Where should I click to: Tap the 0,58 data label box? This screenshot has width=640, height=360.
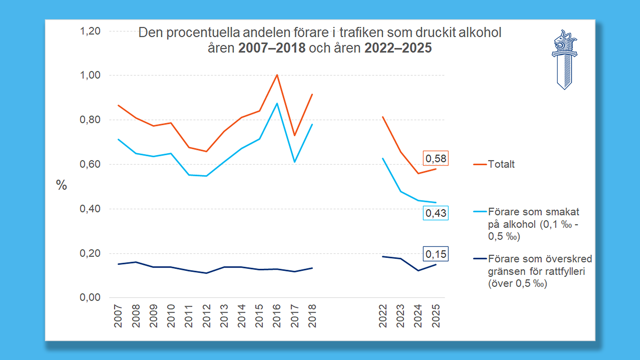436,158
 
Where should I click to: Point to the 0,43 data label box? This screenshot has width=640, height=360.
436,213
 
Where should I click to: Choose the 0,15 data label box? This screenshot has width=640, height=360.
436,254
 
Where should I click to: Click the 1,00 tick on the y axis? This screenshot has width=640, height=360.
90,75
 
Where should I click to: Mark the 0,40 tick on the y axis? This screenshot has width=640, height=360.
90,209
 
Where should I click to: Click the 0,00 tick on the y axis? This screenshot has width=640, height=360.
90,298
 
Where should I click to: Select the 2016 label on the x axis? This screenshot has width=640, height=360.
277,316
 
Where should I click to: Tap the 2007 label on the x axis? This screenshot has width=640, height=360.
118,316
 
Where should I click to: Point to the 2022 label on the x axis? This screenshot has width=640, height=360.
383,316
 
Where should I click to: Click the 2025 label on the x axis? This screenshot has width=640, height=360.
436,316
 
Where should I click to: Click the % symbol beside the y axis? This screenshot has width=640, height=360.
61,185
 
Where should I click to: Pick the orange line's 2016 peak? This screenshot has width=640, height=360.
277,75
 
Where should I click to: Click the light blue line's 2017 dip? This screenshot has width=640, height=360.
294,162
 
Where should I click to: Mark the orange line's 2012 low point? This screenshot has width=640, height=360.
206,151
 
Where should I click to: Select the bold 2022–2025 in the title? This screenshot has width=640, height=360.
398,48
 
